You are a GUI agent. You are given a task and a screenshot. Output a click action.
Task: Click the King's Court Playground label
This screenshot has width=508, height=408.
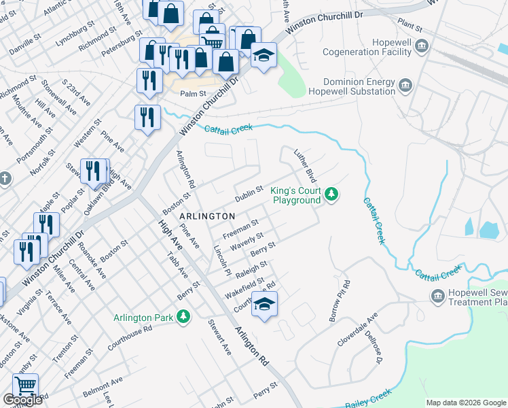295,196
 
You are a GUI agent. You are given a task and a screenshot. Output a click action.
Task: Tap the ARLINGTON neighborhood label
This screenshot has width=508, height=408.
207,216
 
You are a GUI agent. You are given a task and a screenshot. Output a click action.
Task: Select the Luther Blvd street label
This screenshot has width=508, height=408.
303,166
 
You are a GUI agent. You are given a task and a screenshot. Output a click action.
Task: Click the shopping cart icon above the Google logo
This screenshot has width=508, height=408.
25,386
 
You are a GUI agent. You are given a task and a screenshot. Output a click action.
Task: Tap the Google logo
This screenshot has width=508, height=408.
22,400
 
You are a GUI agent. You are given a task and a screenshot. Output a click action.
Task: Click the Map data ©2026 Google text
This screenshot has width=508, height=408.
466,403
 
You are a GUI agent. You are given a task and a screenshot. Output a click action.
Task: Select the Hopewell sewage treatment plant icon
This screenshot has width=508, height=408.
438,296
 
